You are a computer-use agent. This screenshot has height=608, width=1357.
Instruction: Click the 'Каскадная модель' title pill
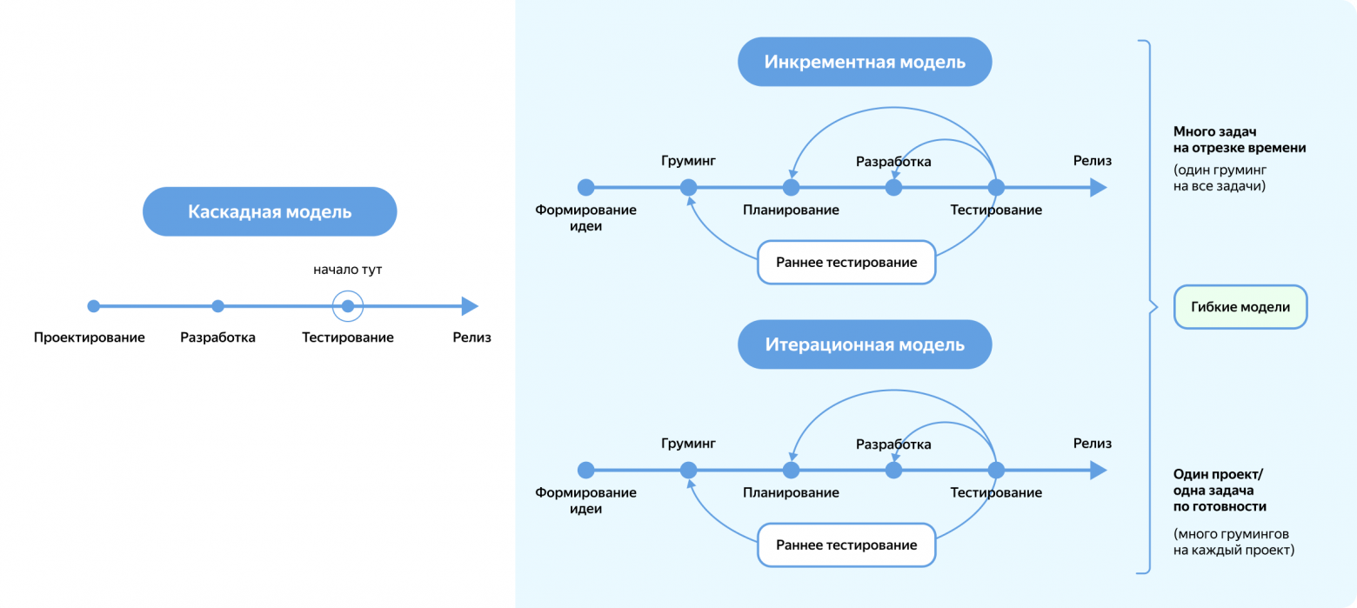pyautogui.click(x=270, y=211)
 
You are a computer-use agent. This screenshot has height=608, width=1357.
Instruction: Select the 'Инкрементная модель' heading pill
pyautogui.click(x=865, y=62)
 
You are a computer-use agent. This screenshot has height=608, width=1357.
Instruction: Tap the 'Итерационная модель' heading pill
pyautogui.click(x=865, y=344)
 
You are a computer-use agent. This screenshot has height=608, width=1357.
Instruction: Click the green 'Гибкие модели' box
pyautogui.click(x=1240, y=307)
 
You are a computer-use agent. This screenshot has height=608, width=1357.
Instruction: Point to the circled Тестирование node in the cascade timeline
pyautogui.click(x=348, y=306)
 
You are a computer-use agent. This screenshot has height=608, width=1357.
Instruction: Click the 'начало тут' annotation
pyautogui.click(x=348, y=270)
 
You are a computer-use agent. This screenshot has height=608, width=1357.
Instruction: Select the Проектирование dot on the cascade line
pyautogui.click(x=94, y=306)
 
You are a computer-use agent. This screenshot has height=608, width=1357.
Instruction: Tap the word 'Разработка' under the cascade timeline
pyautogui.click(x=217, y=337)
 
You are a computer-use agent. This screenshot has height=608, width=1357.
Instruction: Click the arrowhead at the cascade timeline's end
pyautogui.click(x=470, y=306)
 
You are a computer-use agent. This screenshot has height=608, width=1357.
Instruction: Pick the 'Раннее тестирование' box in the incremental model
pyautogui.click(x=846, y=263)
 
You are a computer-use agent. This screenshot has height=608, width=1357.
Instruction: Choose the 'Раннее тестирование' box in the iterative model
pyautogui.click(x=846, y=545)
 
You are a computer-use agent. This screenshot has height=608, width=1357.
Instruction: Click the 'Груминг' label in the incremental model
pyautogui.click(x=688, y=161)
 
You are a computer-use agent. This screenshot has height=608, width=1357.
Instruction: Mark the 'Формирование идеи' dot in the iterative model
pyautogui.click(x=586, y=470)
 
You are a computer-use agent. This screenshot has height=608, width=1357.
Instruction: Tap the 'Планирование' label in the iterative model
pyautogui.click(x=791, y=492)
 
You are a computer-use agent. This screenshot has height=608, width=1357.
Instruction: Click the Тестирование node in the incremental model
pyautogui.click(x=996, y=187)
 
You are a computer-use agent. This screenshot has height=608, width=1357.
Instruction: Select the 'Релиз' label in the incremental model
pyautogui.click(x=1093, y=161)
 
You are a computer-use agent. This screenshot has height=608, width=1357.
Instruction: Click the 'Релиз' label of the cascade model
pyautogui.click(x=471, y=337)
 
